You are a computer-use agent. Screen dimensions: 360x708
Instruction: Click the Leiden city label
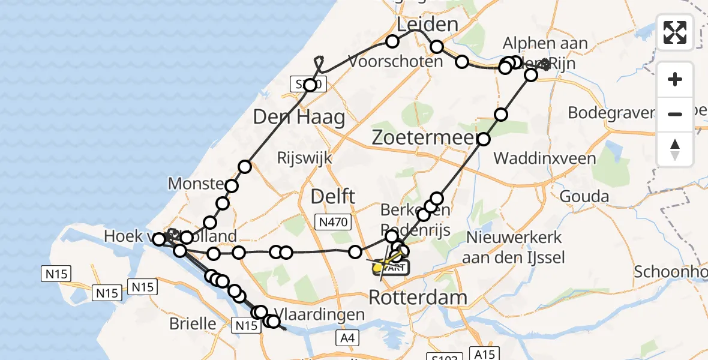pyautogui.click(x=428, y=25)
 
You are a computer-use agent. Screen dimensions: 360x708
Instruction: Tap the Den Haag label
pyautogui.click(x=299, y=116)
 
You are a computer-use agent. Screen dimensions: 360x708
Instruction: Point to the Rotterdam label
pyautogui.click(x=418, y=296)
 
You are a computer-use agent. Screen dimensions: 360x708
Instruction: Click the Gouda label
pyautogui.click(x=584, y=196)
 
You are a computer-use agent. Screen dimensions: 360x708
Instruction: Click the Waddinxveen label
pyautogui.click(x=545, y=158)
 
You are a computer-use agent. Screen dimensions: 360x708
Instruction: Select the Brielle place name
pyautogui.click(x=193, y=323)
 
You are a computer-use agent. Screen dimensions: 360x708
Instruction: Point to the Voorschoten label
pyautogui.click(x=395, y=61)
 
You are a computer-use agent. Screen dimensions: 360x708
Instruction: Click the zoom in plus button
pyautogui.click(x=675, y=80)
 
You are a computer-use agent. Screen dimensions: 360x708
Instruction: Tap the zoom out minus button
pyautogui.click(x=675, y=114)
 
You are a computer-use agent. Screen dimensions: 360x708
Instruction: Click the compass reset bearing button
pyautogui.click(x=675, y=149)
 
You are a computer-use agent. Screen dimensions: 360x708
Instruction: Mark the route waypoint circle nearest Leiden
pyautogui.click(x=392, y=41)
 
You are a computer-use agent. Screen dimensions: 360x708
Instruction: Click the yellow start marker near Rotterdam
pyautogui.click(x=378, y=268)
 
